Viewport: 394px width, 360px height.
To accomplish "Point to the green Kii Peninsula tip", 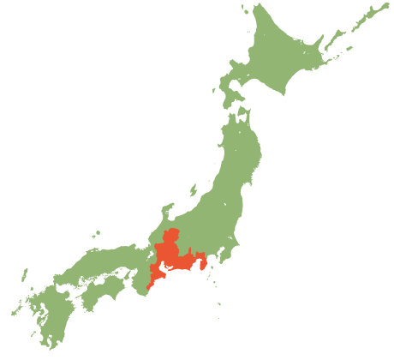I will (137, 296).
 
